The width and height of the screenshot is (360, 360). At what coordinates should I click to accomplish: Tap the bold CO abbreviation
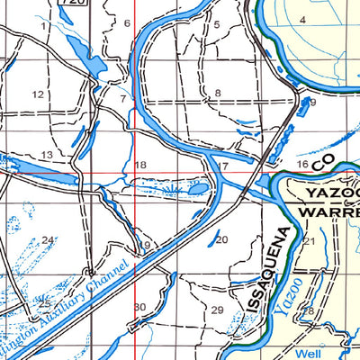pyautogui.click(x=322, y=160)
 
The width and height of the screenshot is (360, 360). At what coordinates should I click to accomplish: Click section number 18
pyautogui.click(x=139, y=165)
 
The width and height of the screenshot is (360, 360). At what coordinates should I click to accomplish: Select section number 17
pyautogui.click(x=222, y=166)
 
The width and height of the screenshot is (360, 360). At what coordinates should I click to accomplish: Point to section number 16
pyautogui.click(x=302, y=165)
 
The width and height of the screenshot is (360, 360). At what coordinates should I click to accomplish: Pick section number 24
pyautogui.click(x=48, y=240)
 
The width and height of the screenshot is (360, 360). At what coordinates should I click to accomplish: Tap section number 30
pyautogui.click(x=139, y=308)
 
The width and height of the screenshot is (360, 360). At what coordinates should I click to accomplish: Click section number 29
pyautogui.click(x=216, y=310)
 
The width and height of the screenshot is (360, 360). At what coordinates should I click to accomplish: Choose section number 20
pyautogui.click(x=221, y=239)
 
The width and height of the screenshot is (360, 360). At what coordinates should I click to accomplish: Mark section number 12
pyautogui.click(x=38, y=94)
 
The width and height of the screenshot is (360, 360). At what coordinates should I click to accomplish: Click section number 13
pyautogui.click(x=46, y=155)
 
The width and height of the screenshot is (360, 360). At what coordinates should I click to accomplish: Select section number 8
pyautogui.click(x=217, y=94)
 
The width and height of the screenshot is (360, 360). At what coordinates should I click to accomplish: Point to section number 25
pyautogui.click(x=43, y=304)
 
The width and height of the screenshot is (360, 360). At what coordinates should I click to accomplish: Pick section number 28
pyautogui.click(x=308, y=310)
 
